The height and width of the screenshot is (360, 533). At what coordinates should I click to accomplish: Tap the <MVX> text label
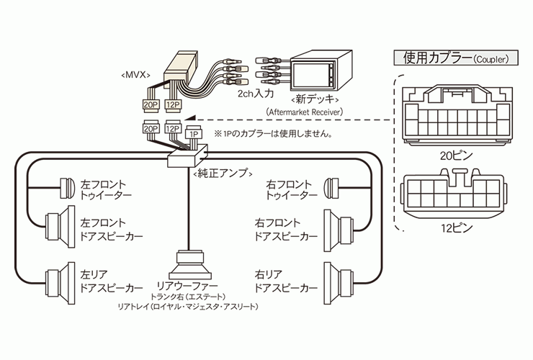[x=135, y=75]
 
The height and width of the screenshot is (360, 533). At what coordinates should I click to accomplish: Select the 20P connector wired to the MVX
[x=151, y=105]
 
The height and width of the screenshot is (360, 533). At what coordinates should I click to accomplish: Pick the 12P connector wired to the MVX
[x=173, y=104]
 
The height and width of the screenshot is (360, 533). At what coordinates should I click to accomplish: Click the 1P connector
[x=194, y=134]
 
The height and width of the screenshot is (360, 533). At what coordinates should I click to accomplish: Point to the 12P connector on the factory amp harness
[x=173, y=129]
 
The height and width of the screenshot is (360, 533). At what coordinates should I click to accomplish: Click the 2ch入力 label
[x=256, y=94]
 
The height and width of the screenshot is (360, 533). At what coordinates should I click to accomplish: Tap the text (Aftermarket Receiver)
[x=305, y=112]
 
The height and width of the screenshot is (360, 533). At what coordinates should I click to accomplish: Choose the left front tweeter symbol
[x=67, y=188]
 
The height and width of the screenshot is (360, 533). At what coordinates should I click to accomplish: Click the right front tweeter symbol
[x=331, y=188]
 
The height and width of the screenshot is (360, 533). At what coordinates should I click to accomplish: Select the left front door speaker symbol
[x=61, y=227]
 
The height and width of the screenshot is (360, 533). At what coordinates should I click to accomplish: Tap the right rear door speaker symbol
[x=339, y=283]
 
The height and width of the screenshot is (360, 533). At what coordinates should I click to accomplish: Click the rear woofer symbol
[x=190, y=265]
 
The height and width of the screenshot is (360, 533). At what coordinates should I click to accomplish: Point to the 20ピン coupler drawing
[x=457, y=115]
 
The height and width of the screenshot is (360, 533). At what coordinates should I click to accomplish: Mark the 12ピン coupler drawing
[x=454, y=193]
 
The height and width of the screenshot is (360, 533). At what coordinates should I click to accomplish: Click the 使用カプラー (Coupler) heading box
[x=456, y=58]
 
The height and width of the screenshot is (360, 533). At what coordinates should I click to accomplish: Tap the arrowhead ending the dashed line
[x=189, y=118]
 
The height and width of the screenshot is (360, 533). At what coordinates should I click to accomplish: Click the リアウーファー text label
[x=187, y=286]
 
